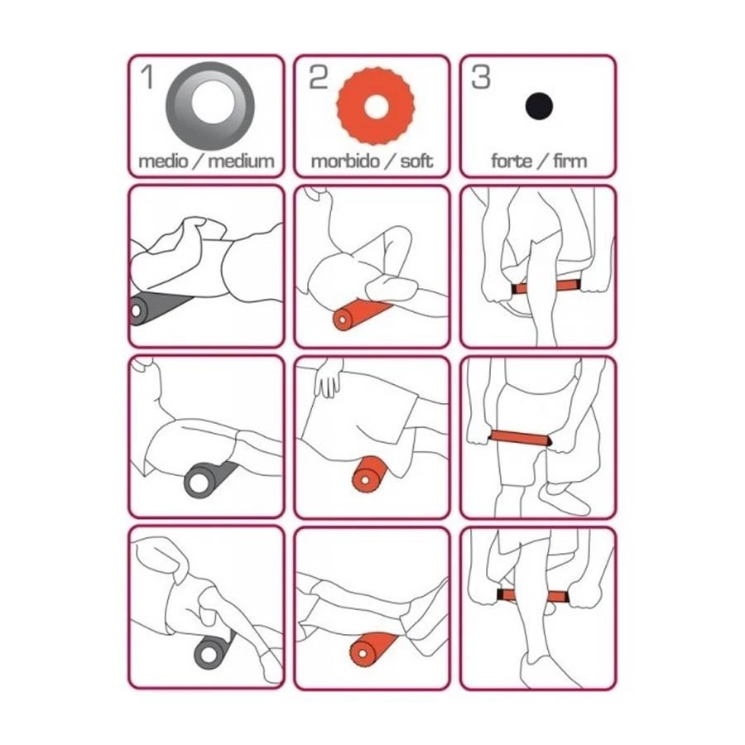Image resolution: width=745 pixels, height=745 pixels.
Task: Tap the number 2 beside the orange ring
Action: point(319,78)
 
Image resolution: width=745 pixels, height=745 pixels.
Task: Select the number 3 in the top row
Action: point(480,78)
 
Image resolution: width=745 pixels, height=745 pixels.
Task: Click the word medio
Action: point(163,161)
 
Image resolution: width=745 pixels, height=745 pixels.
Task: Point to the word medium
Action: point(242,161)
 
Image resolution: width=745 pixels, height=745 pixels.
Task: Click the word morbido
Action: point(345,161)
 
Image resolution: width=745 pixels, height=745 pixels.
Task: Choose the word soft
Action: point(416,161)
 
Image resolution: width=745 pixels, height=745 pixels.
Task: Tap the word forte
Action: point(512,161)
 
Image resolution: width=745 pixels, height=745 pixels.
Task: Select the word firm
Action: point(570,161)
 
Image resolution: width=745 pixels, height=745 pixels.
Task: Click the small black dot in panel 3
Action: point(539,106)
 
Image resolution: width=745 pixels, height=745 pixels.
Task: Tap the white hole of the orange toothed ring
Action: point(376,107)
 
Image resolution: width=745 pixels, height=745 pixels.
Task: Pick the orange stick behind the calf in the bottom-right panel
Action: point(532,596)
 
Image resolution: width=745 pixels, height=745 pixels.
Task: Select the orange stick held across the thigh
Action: point(521,437)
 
